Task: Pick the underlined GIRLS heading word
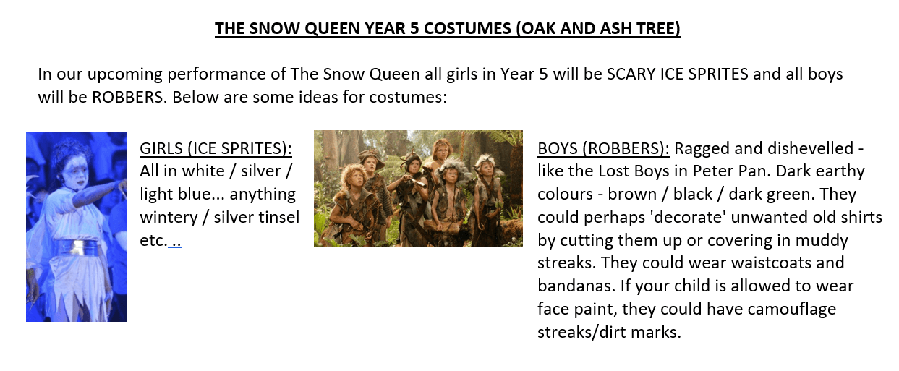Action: pos(161,148)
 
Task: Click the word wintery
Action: pos(169,218)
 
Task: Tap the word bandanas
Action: pos(576,286)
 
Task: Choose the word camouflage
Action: pos(792,310)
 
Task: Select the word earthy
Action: pos(840,172)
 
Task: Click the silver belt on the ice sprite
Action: pos(75,247)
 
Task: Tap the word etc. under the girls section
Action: pos(153,241)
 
